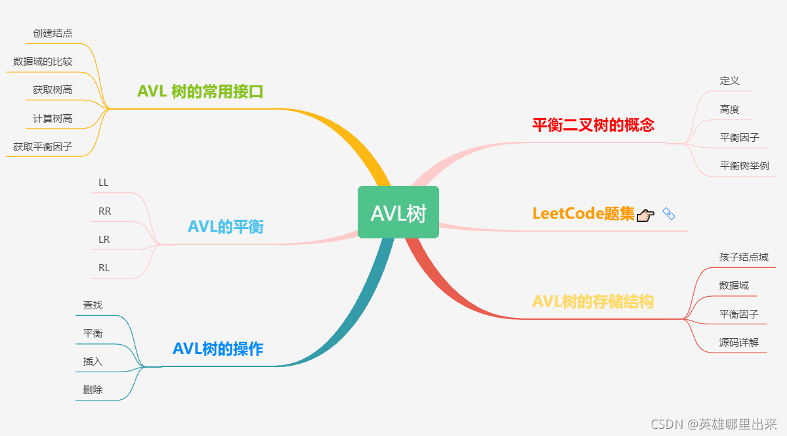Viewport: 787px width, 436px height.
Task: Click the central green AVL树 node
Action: coord(398,213)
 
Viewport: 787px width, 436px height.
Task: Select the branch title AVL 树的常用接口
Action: coord(200,91)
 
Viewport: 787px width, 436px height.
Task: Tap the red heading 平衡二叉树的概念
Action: coord(593,125)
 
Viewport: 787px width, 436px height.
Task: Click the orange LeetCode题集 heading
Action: coord(584,214)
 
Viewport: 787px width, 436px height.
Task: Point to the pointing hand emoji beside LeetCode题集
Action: coord(645,214)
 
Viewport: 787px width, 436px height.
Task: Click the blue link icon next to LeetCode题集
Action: coord(669,213)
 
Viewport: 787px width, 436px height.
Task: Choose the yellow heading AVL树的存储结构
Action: coord(593,301)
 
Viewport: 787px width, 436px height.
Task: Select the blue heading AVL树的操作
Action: coord(218,349)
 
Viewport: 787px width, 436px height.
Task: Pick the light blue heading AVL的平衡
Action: coord(226,227)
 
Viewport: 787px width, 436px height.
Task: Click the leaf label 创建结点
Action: coord(53,33)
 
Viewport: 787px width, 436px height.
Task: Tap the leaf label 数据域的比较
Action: coord(43,62)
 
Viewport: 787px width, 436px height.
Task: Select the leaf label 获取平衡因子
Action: coord(43,147)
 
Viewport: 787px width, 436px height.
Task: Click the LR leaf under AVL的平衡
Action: coord(104,240)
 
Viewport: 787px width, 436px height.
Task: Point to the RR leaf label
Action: coord(104,211)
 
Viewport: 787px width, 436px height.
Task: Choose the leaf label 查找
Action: coord(93,305)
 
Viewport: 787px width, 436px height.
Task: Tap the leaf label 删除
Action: coord(93,389)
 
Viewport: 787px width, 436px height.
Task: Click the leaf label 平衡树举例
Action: coord(744,165)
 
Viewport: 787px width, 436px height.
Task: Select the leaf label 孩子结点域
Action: coord(744,257)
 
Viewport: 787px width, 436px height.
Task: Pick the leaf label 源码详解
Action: coord(738,342)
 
